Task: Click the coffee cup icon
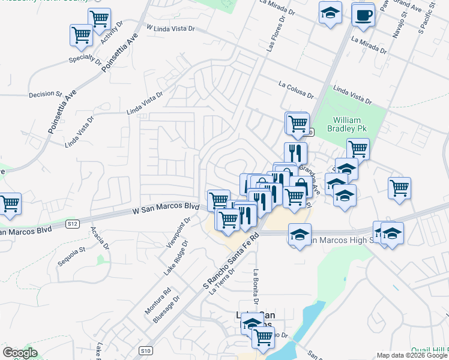[362, 14]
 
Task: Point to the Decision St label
[45, 94]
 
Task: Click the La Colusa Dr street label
[296, 90]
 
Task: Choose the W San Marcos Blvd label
[165, 209]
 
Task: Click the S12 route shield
[72, 224]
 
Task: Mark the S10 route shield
[144, 350]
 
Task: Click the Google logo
[20, 353]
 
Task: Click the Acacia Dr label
[98, 238]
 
